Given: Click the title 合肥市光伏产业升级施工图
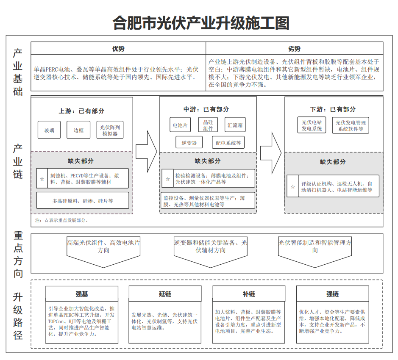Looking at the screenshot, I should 200,22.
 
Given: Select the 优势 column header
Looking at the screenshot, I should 118,48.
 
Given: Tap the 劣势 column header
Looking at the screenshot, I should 294,48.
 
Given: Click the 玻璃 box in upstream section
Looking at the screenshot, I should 49,130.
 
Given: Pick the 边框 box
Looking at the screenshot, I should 78,130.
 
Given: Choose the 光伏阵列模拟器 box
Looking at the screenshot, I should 110,130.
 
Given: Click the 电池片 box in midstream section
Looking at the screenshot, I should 180,125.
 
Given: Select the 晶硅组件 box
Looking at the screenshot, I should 208,125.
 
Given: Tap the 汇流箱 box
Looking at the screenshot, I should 235,125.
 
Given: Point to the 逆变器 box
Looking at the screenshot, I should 189,143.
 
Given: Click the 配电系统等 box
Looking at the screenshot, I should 228,143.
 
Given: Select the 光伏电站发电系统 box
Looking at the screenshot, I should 312,125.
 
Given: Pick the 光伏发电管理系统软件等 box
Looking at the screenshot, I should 350,125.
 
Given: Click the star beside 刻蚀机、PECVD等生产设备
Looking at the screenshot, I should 42,179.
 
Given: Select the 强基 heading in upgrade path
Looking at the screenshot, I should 82,294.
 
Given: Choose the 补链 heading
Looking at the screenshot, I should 249,294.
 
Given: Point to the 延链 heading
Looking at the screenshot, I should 165,294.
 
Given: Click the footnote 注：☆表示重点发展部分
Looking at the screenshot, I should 61,220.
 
